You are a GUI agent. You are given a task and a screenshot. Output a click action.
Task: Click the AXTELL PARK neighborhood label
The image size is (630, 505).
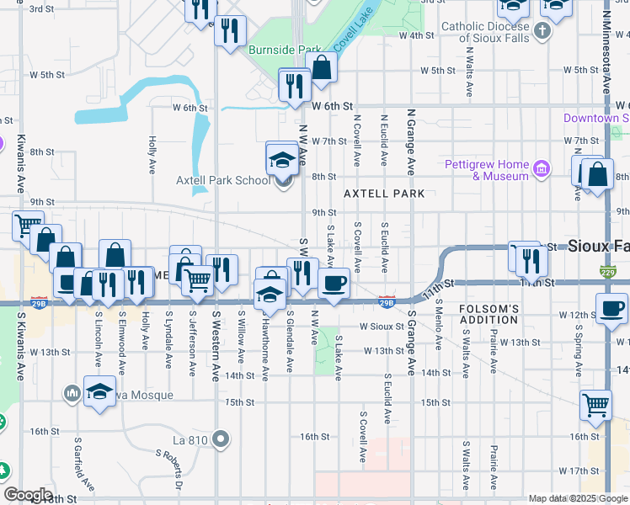point(384,194)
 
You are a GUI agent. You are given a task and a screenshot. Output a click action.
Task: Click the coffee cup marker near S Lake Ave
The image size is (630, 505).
point(334,283)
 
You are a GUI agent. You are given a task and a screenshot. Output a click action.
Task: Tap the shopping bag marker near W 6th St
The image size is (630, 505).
point(322,68)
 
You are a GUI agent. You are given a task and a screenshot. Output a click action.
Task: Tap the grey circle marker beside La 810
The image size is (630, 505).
point(222,439)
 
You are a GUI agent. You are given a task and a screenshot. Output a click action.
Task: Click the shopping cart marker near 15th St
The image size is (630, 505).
point(596,405)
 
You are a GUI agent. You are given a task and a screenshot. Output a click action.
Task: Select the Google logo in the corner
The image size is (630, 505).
point(28,495)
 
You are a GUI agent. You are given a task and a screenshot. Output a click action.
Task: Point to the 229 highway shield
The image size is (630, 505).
point(609,272)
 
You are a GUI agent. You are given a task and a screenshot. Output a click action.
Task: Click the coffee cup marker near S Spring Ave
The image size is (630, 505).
point(612,308)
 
